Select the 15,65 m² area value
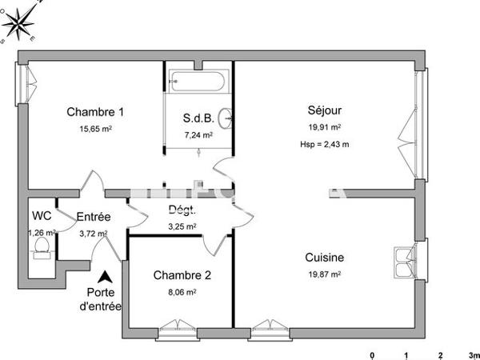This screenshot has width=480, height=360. [x=94, y=128]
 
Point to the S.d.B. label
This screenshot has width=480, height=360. [x=198, y=118]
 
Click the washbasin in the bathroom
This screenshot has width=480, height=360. [x=229, y=118]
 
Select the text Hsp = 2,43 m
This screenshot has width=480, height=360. [x=325, y=144]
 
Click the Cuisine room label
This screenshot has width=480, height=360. [x=325, y=258]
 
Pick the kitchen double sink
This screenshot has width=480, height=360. [x=402, y=261]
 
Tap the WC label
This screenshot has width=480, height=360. [x=42, y=216]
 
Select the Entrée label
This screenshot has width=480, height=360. [x=93, y=217]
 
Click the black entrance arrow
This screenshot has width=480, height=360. [x=103, y=277]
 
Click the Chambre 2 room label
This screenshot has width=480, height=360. [x=182, y=276]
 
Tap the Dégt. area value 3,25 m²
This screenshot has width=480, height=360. [x=182, y=226]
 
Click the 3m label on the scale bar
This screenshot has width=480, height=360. [x=472, y=354]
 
